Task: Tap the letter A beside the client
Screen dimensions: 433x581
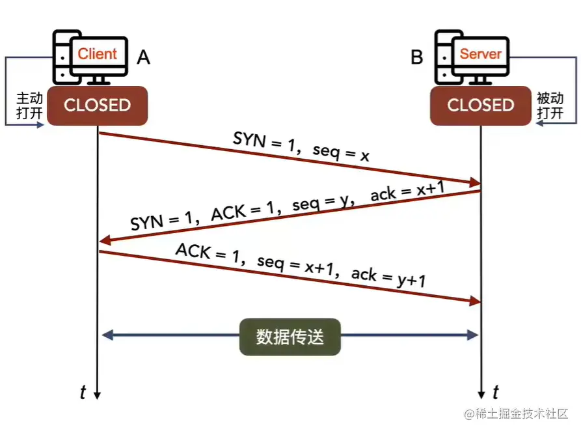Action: coord(143,58)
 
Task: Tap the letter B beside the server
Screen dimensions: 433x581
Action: coord(416,58)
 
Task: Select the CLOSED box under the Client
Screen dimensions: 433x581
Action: coord(98,105)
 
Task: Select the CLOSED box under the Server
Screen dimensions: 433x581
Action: coord(481,105)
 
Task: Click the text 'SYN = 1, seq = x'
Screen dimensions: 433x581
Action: coord(301,147)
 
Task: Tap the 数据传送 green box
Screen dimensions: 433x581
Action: coord(290,337)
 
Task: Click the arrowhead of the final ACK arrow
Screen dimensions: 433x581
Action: coord(474,301)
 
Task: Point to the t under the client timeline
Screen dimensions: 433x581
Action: coord(83,392)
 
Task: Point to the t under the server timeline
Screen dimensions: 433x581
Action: coord(496,392)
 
